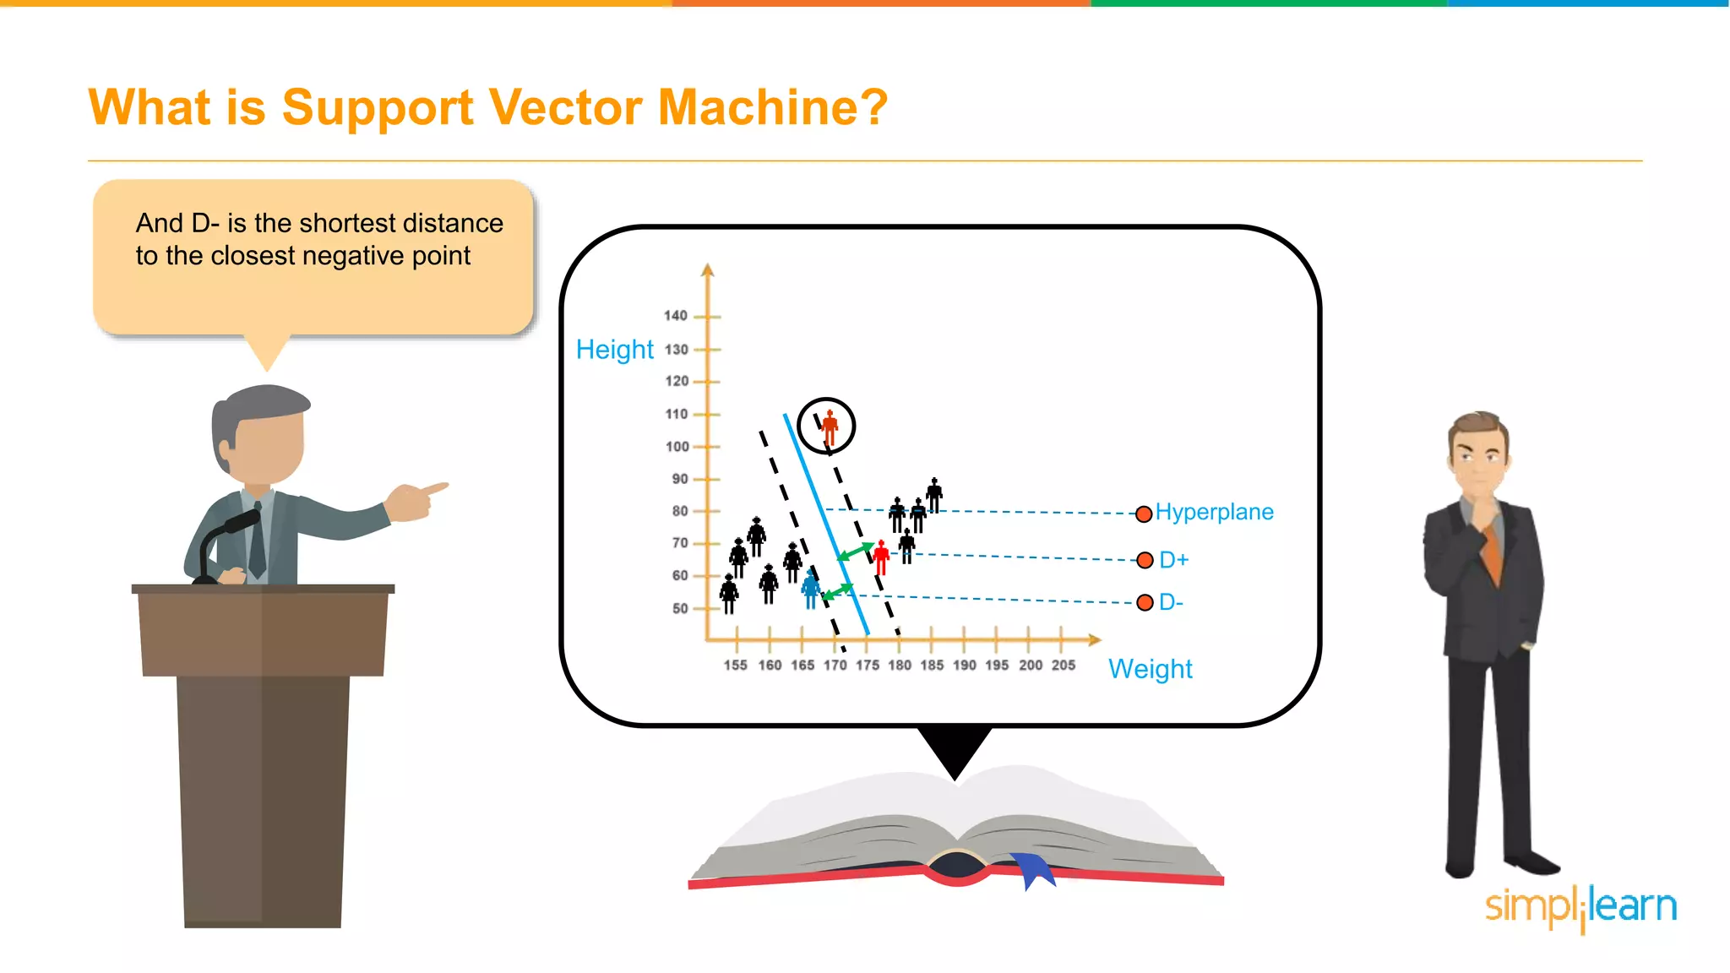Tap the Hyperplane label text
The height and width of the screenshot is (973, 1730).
click(1214, 512)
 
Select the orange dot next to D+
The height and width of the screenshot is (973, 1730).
click(1145, 560)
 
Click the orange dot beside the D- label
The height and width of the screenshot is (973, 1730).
click(1145, 602)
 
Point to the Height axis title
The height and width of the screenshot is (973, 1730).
click(614, 350)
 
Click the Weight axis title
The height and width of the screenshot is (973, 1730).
click(1150, 669)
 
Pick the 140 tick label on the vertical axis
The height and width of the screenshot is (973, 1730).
click(675, 316)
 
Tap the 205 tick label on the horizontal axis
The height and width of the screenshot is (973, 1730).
click(1063, 666)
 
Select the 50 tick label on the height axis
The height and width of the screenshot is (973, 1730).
click(680, 608)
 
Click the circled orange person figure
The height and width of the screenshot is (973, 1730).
click(830, 427)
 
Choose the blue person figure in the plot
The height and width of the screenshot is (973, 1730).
click(811, 588)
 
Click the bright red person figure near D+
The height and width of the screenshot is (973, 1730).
click(881, 557)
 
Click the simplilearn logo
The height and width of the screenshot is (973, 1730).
click(1580, 907)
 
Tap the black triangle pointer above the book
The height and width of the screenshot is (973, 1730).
click(955, 748)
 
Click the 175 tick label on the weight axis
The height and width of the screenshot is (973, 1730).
click(868, 666)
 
